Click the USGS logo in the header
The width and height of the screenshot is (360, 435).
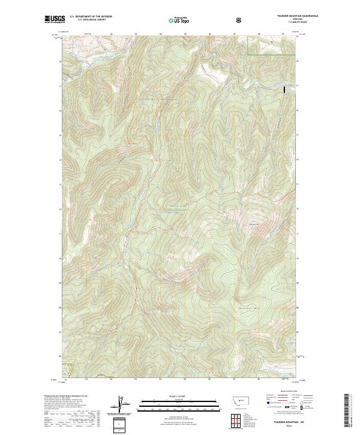(54, 20)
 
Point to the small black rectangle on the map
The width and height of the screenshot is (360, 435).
(284, 89)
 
